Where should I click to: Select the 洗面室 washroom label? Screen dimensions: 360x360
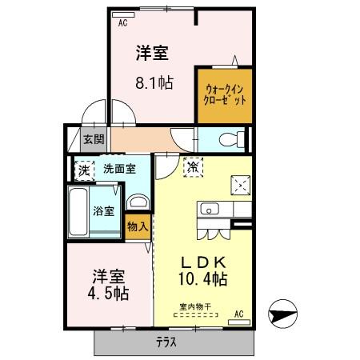pos(119,169)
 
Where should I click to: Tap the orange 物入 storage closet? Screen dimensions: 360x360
pos(138,226)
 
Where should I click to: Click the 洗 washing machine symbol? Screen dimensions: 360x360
pos(84,170)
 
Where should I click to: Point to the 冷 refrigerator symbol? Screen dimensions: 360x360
pos(193,167)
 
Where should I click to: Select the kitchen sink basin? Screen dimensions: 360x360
pos(211,210)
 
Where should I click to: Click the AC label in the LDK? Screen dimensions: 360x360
pos(238,314)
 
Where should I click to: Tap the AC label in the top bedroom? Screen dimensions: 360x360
pos(123,23)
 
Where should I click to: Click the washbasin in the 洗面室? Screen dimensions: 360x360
pos(138,201)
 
